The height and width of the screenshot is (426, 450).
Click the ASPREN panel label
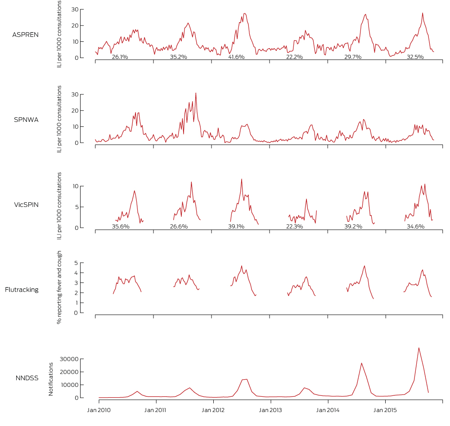click(25, 35)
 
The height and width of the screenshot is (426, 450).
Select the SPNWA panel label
click(26, 120)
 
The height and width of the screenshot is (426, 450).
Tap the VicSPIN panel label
click(26, 204)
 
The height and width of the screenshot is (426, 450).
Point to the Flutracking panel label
click(22, 290)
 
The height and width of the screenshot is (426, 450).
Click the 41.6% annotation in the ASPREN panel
click(236, 57)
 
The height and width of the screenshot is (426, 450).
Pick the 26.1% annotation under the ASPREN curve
click(120, 57)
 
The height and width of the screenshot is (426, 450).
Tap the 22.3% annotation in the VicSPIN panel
click(295, 227)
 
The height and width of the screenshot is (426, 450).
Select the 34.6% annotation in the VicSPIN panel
click(415, 227)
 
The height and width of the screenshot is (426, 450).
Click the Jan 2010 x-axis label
click(99, 410)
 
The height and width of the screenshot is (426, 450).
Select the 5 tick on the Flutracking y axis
click(76, 263)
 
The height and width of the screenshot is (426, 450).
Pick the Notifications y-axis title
click(51, 379)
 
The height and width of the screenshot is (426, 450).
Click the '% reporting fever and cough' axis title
click(59, 287)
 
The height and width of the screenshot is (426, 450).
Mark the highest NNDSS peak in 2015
click(419, 348)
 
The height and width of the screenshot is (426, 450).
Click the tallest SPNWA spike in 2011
click(196, 93)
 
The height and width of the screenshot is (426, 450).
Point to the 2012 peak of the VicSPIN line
click(242, 179)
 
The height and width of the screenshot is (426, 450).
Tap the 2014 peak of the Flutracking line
click(364, 266)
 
